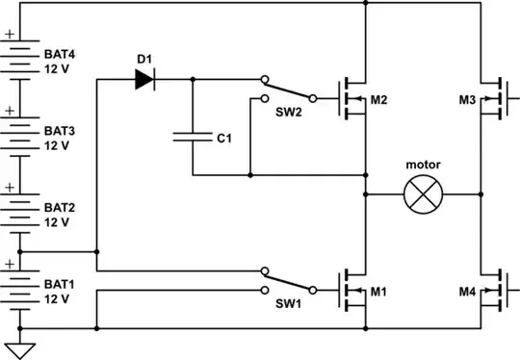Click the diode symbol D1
click(x=144, y=80)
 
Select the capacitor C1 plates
click(x=192, y=138)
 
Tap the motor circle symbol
click(x=421, y=195)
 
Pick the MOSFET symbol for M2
click(x=352, y=97)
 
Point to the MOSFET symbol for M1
click(x=352, y=289)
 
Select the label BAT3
click(x=59, y=131)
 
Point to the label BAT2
click(x=59, y=207)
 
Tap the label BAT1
click(x=59, y=285)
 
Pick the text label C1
click(x=223, y=139)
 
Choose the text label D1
click(x=144, y=60)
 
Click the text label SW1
click(x=287, y=305)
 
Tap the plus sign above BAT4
click(x=11, y=34)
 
